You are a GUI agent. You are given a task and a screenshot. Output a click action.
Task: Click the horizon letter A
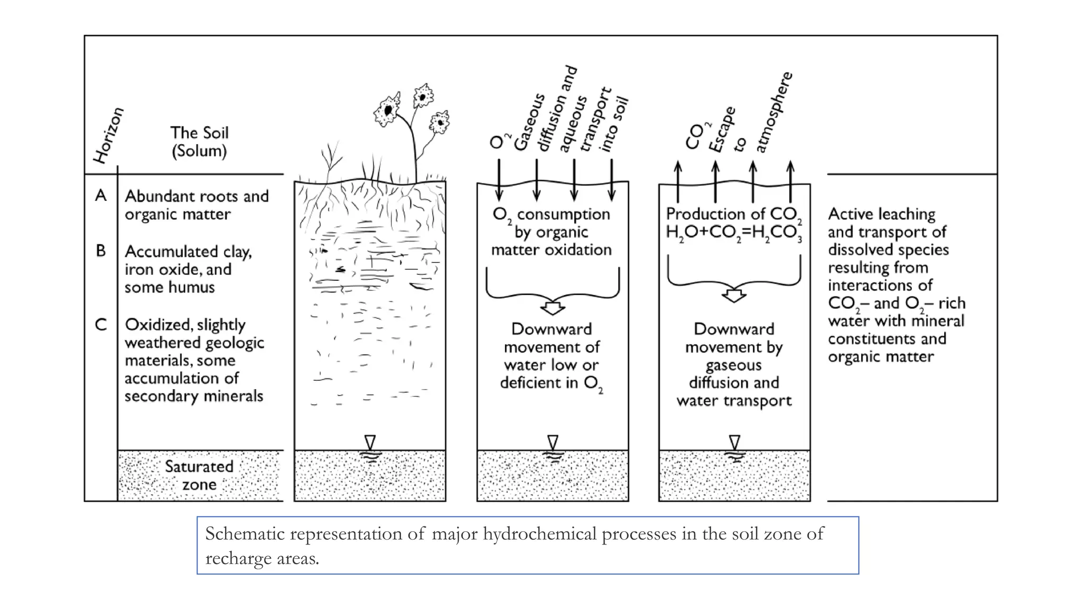tap(100, 196)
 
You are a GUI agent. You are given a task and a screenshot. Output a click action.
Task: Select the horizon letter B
tap(100, 251)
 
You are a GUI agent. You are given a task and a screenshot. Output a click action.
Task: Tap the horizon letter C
tap(100, 324)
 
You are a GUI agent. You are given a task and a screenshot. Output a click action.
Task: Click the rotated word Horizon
tap(108, 135)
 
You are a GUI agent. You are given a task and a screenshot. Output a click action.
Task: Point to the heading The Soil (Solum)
tap(199, 142)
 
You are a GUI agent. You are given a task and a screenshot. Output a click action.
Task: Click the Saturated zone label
tap(199, 475)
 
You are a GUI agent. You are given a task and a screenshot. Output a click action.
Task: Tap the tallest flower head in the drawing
tap(423, 96)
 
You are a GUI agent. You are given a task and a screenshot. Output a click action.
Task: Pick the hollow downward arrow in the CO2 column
tap(734, 295)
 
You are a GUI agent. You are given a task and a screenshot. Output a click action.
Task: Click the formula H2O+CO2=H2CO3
tap(733, 232)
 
